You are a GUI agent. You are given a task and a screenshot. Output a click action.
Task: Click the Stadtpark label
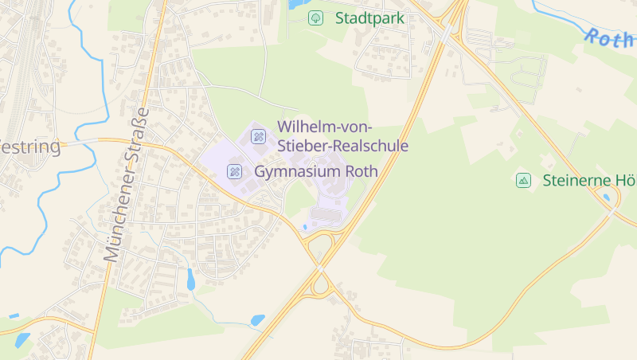click(x=369, y=18)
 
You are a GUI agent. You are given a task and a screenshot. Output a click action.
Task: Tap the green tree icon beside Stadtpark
click(x=316, y=18)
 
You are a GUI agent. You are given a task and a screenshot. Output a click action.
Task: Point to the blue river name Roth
click(x=608, y=38)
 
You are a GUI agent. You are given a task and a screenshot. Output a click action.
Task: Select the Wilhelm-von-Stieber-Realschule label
click(x=342, y=136)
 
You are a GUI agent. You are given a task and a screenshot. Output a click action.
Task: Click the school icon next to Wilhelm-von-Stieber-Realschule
click(x=258, y=136)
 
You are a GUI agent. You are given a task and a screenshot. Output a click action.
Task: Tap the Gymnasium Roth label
click(x=315, y=171)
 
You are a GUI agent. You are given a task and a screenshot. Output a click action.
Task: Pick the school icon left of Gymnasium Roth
click(x=235, y=171)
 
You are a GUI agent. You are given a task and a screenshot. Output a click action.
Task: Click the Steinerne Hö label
click(x=588, y=180)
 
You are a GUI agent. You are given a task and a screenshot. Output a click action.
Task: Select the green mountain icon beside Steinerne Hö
click(x=523, y=180)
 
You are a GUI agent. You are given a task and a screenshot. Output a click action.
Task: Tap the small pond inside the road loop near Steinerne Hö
click(x=608, y=198)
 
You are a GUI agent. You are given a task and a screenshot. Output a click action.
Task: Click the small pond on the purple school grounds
click(x=306, y=227)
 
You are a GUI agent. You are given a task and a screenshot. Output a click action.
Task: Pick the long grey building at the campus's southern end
click(x=326, y=214)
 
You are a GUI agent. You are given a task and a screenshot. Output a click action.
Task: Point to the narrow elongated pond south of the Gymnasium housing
click(x=190, y=279)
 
